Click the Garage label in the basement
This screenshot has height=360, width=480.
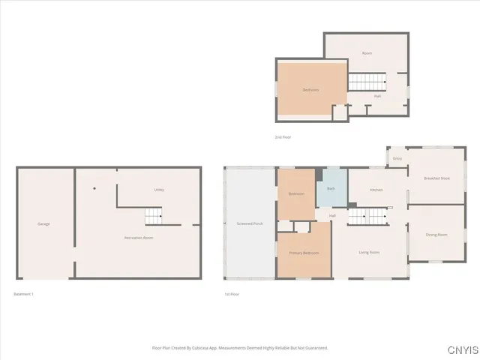point(43,224)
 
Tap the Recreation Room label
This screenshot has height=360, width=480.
point(139,238)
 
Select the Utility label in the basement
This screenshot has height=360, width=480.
point(159,190)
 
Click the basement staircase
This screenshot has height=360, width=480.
point(154,217)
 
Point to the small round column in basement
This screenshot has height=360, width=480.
point(94,188)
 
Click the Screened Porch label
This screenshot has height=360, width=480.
point(250,223)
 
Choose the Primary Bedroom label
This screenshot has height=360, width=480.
point(304,253)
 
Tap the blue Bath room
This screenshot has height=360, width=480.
point(331,190)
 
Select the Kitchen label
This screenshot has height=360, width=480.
point(376,190)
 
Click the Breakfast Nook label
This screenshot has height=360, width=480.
point(436,178)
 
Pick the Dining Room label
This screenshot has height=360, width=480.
point(436,235)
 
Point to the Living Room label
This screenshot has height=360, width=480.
point(368,252)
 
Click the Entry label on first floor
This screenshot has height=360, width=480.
point(397,158)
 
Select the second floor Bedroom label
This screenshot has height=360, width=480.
point(310,90)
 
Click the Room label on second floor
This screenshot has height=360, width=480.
point(367,53)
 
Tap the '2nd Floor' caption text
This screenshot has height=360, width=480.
point(283,138)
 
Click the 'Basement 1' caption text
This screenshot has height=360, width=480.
point(24,294)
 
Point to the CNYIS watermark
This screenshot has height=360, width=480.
point(460,350)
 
